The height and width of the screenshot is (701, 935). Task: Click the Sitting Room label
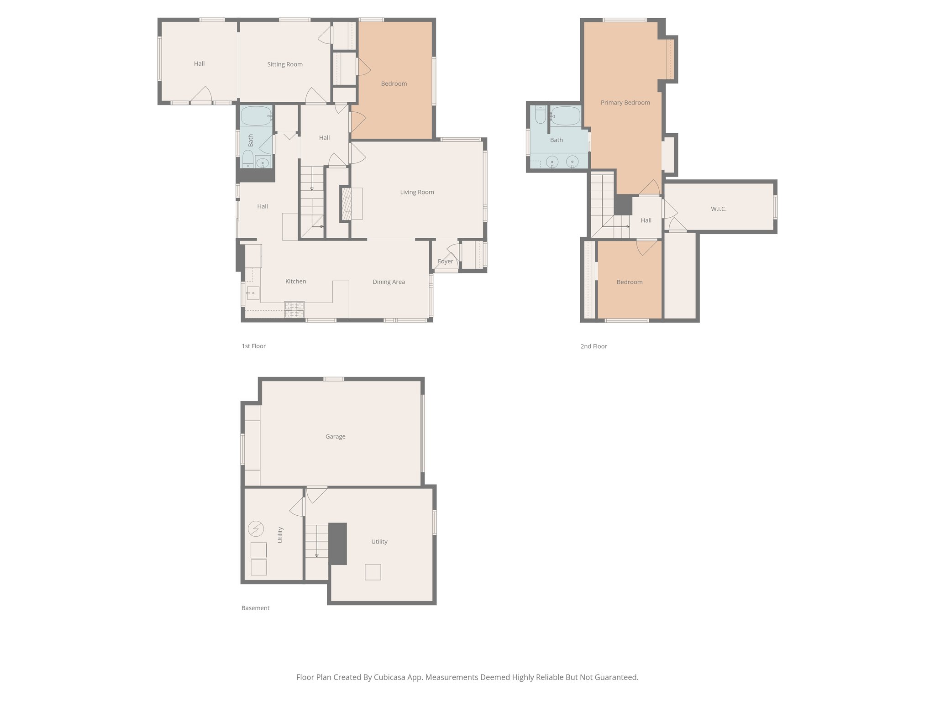(285, 64)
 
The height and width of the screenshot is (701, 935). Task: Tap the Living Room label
(417, 192)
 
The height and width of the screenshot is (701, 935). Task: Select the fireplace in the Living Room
(346, 204)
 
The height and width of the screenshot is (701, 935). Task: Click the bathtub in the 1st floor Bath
(256, 116)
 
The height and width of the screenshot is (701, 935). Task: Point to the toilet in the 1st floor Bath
(247, 159)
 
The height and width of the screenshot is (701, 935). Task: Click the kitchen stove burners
(294, 309)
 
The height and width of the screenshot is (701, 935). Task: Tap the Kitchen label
(295, 282)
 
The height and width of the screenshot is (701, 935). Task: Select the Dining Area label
(389, 282)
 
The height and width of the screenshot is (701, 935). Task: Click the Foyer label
(445, 262)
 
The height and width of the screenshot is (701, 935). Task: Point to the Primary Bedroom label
(625, 103)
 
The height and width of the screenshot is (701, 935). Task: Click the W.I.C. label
(718, 209)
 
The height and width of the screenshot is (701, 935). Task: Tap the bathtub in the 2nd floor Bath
(565, 116)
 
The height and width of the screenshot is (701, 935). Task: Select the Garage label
(335, 437)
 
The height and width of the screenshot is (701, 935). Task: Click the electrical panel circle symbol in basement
(256, 529)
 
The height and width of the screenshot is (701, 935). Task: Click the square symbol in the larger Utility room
(373, 572)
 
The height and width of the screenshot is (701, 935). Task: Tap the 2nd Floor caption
(594, 346)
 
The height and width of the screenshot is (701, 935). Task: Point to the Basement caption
(255, 608)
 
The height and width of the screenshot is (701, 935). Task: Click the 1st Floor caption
(253, 346)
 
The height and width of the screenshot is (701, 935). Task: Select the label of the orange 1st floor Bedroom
(394, 84)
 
